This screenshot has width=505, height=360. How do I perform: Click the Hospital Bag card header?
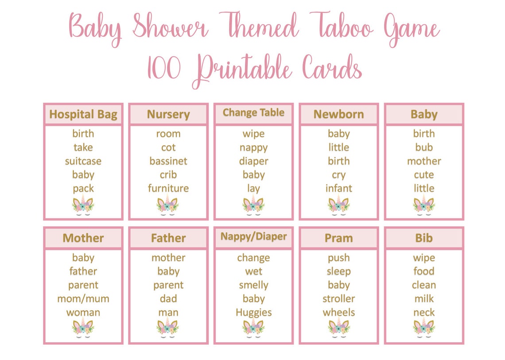pos(83,115)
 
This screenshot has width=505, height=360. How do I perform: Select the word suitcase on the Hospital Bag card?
pos(83,161)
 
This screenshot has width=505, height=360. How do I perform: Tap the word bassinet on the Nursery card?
pos(168,161)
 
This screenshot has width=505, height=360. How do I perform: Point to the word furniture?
pos(168,189)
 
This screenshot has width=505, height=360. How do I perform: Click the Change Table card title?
pos(253,113)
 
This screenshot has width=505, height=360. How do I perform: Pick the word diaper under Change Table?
pos(253,161)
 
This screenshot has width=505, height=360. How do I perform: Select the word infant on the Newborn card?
pos(339,189)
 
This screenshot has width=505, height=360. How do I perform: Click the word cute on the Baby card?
pos(424,175)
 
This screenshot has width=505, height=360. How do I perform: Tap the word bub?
pos(424,147)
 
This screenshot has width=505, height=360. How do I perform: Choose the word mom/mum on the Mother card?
pos(83,299)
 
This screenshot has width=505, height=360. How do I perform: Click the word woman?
pos(83,313)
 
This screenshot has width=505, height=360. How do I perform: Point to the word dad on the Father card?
pos(168,299)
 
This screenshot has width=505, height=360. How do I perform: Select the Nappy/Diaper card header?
pos(253,237)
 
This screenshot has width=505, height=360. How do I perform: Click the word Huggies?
pos(253,313)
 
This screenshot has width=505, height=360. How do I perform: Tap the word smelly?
pos(253,285)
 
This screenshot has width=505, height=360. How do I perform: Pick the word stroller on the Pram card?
pos(339,299)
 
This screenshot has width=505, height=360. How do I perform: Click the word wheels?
pos(339,313)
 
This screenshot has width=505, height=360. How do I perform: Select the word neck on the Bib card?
pos(424,313)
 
